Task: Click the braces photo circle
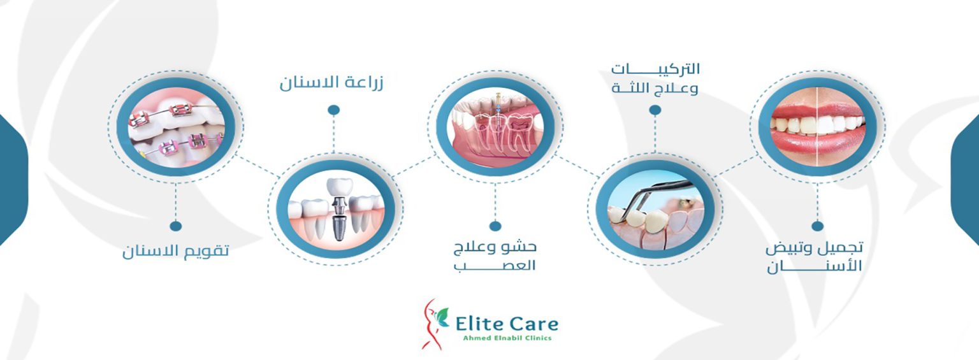(x=176, y=127)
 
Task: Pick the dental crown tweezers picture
(x=655, y=209)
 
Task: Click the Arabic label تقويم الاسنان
(x=176, y=251)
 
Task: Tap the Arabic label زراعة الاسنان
(x=331, y=82)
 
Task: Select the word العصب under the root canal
(x=495, y=266)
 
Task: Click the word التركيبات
(x=656, y=69)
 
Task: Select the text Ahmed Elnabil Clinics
(x=507, y=338)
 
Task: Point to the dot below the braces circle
(x=176, y=226)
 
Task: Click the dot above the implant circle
(x=333, y=110)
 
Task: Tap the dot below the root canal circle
(x=495, y=226)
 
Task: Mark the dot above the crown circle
(x=655, y=110)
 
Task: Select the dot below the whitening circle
(x=817, y=226)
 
